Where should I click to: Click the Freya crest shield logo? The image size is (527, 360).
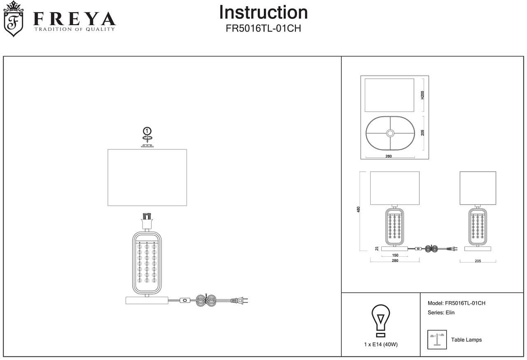pos(13,20)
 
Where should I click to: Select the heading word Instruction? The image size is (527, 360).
pos(263,12)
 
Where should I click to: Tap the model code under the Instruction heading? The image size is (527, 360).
pos(263,28)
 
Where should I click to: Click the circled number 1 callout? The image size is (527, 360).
pos(148,131)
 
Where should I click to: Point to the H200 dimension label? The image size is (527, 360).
pos(422,95)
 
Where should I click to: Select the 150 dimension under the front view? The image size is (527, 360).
pos(395,255)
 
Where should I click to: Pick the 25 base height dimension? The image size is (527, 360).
pos(377,248)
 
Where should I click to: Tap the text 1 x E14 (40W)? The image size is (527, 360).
pos(381,345)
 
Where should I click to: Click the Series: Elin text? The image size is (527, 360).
pos(441,313)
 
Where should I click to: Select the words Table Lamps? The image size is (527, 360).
pos(466,340)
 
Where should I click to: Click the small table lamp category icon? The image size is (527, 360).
pos(437,339)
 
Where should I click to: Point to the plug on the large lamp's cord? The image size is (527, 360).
pos(241,301)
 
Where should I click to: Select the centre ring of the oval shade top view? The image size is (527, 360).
pos(390,133)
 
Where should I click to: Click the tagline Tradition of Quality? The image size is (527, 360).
pos(75,29)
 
